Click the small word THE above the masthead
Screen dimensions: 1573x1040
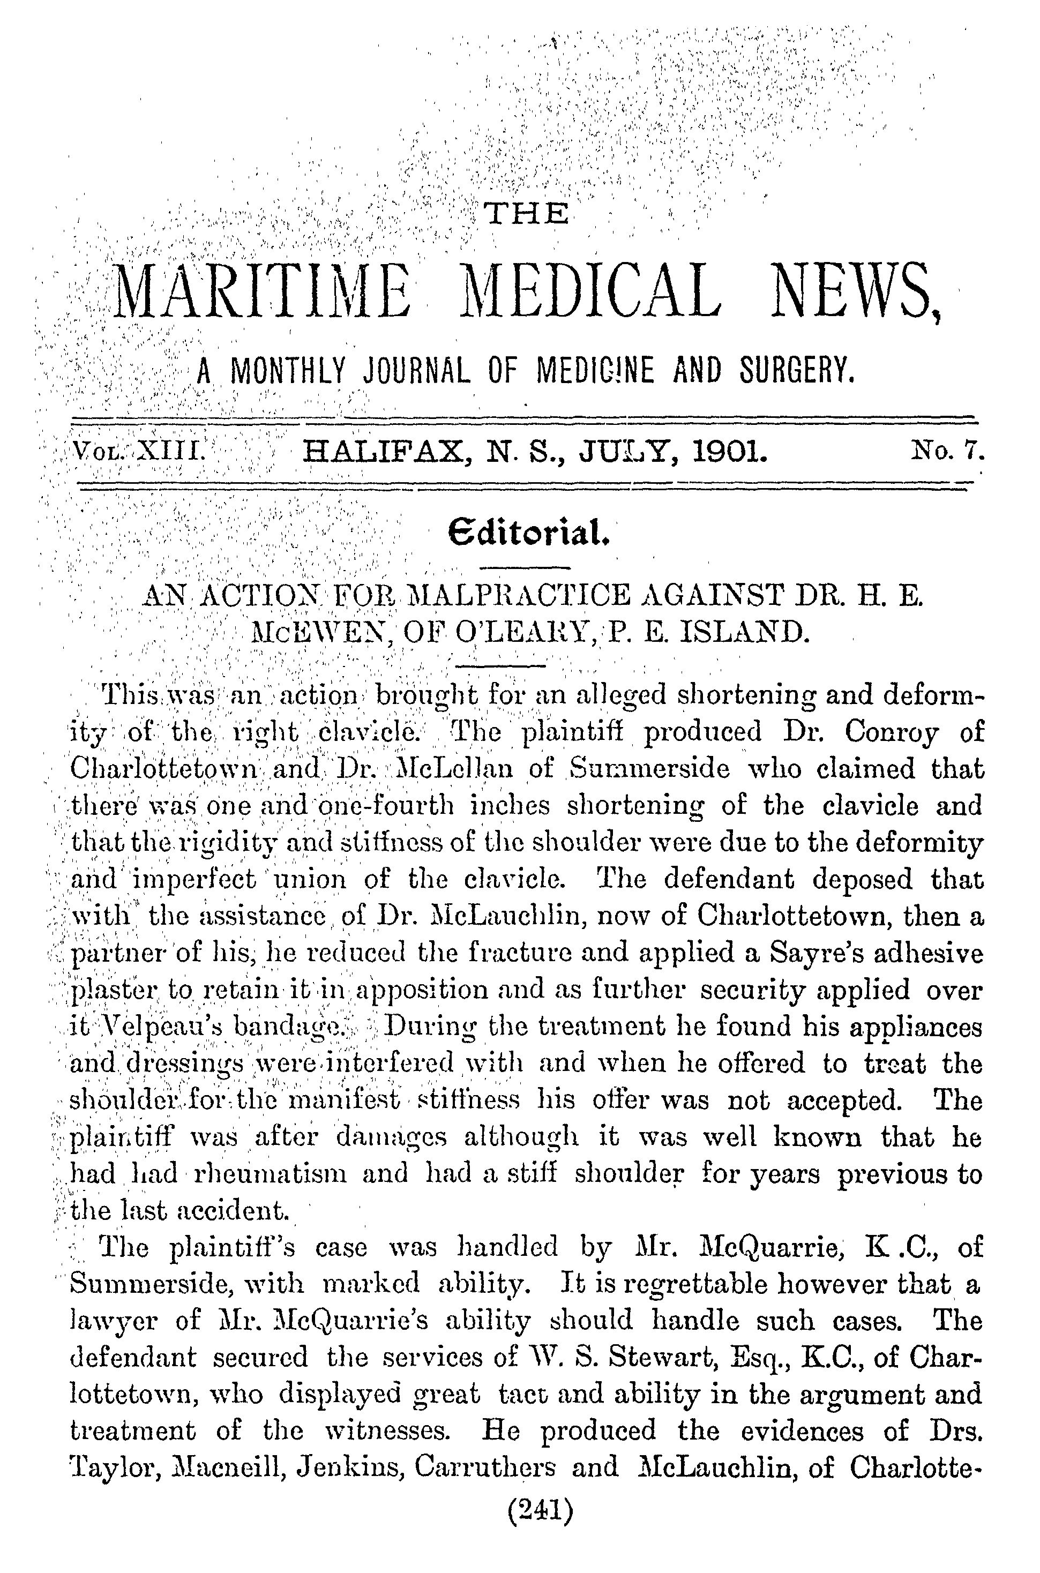click(527, 214)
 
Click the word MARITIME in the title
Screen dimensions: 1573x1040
click(262, 293)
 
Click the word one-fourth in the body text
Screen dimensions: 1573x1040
click(393, 806)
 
